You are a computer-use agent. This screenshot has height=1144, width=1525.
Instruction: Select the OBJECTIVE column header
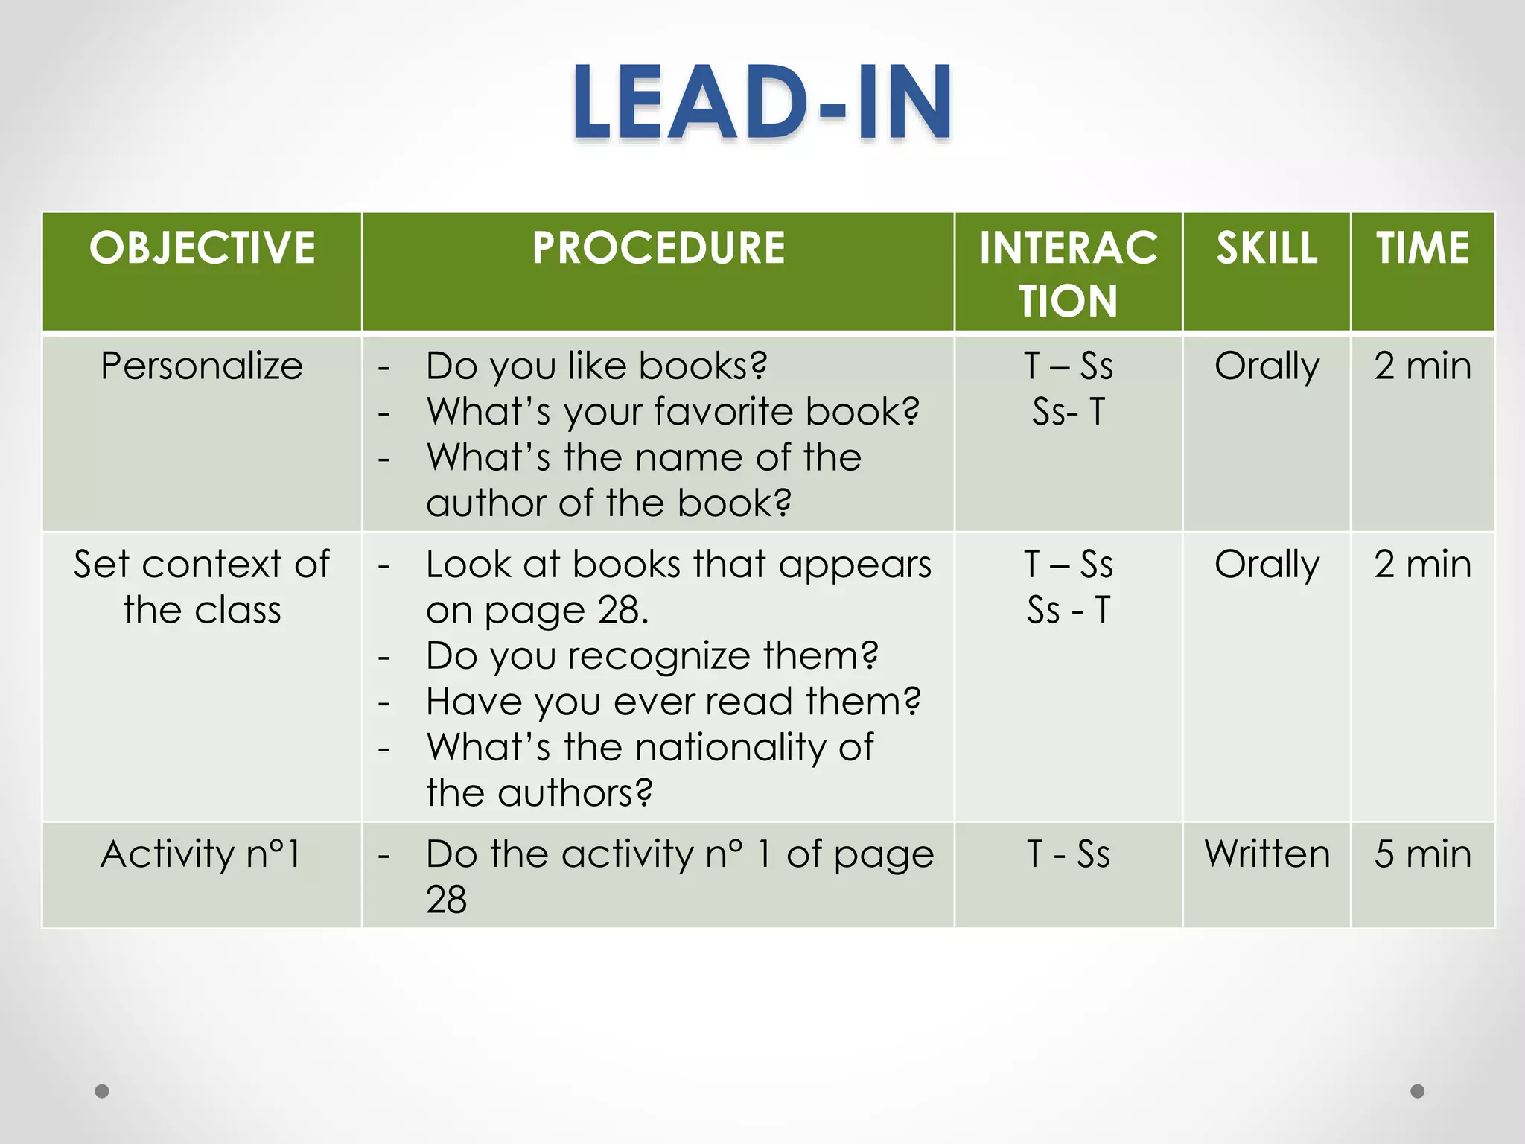point(202,248)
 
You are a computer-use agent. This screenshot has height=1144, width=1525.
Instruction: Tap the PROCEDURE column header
point(658,248)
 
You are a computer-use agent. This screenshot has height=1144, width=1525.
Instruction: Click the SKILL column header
point(1267,248)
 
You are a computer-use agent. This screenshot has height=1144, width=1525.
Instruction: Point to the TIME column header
point(1422,248)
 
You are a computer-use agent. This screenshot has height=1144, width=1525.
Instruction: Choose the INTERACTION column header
point(1068,273)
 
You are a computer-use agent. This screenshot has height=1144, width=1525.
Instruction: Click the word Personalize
point(202,366)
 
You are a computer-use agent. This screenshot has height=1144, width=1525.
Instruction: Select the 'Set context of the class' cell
point(202,587)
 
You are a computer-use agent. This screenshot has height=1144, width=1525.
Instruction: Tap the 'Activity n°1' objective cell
point(202,854)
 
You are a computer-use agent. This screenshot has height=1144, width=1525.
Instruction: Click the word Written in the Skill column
point(1267,854)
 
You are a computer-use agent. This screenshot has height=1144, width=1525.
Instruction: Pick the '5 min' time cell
point(1422,854)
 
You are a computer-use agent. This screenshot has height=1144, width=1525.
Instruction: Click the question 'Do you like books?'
point(596,366)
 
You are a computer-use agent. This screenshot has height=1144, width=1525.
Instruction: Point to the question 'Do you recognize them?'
point(652,656)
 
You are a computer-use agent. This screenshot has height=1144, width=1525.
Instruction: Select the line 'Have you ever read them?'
point(673,702)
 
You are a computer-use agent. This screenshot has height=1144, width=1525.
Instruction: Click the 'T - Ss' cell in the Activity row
point(1068,854)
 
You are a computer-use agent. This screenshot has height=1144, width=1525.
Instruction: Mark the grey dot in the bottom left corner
point(102,1091)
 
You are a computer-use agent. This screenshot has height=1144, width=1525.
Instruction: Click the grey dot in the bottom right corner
point(1418,1091)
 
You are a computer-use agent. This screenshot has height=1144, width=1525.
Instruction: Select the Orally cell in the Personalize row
point(1267,366)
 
